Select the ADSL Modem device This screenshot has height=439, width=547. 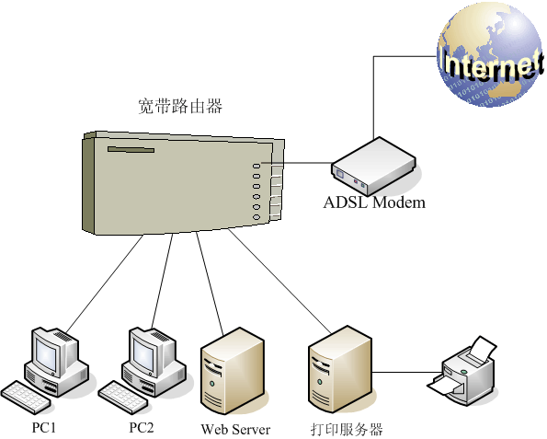(372, 165)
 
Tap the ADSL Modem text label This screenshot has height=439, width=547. (374, 202)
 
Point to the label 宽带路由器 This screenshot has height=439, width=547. (174, 107)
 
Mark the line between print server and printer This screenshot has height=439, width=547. (405, 373)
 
